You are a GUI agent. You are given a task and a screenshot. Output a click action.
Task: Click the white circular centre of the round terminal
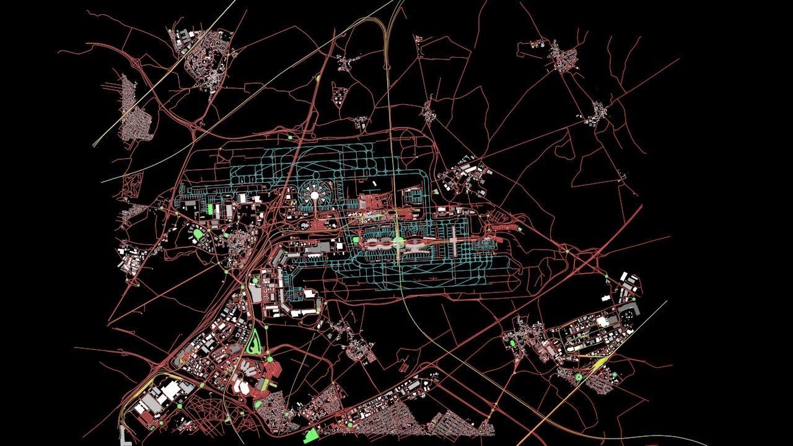coord(314,196)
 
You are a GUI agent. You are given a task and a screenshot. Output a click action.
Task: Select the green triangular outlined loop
coord(253,341)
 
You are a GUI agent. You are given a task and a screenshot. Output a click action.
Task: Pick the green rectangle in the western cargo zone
coord(209,209)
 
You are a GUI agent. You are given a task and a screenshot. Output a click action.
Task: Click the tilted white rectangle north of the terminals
coord(375,183)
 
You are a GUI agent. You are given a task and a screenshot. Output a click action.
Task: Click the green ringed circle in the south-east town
coord(579,376)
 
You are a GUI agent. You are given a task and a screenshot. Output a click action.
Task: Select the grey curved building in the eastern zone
coord(631,308)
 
